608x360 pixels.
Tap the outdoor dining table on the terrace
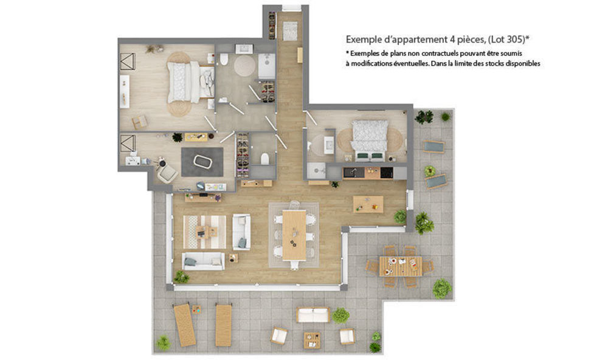(x=400, y=266)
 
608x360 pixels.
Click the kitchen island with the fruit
(x=368, y=204)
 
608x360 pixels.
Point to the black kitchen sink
(x=350, y=173)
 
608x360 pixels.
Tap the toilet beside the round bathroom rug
(x=224, y=59)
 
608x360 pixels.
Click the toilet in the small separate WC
(x=265, y=159)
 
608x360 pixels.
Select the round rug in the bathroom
(x=245, y=64)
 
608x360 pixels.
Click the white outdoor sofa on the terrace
(x=313, y=314)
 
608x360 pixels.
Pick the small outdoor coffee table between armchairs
(x=313, y=338)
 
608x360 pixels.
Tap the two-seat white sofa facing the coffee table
(x=241, y=232)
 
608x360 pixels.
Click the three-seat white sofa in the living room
(x=204, y=261)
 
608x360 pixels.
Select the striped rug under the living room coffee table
(x=204, y=232)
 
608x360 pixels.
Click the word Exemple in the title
(x=363, y=39)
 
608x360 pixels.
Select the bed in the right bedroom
(x=370, y=137)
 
